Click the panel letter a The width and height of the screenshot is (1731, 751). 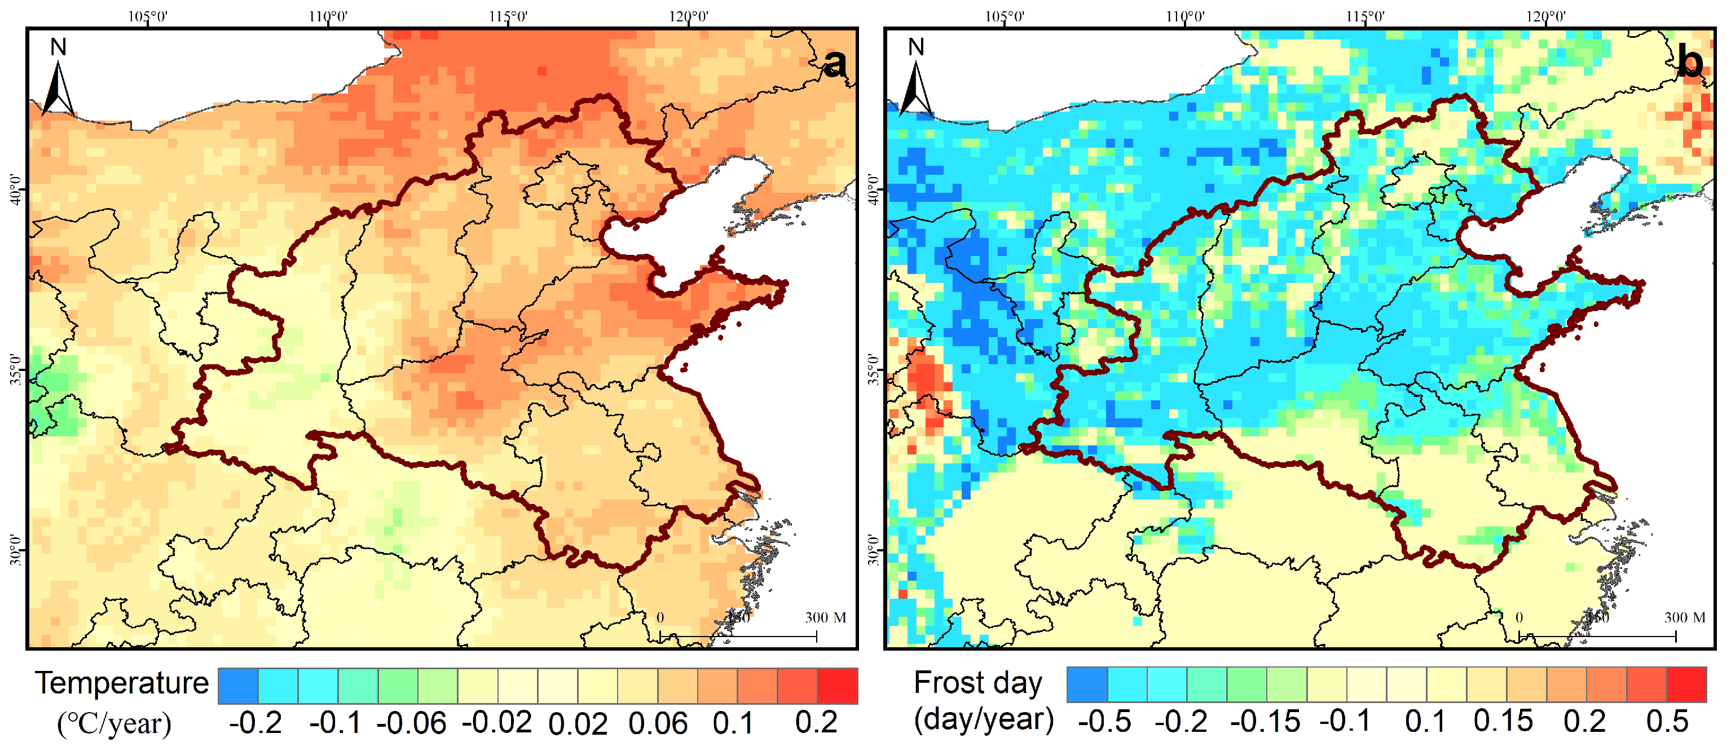tap(835, 64)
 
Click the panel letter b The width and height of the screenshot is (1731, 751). tap(1691, 64)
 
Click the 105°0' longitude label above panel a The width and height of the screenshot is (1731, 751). tap(147, 16)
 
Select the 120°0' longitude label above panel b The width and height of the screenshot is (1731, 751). tap(1545, 16)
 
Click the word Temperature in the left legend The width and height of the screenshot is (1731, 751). tap(122, 683)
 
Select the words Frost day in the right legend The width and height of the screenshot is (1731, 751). tap(977, 683)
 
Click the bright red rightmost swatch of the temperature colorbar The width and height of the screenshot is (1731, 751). tap(837, 686)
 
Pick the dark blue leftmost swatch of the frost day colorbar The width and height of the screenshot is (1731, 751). tap(1086, 684)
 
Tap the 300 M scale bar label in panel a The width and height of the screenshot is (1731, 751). tap(825, 617)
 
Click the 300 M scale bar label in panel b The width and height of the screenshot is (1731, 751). tap(1684, 617)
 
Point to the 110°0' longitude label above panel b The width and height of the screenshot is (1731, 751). tap(1184, 16)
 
